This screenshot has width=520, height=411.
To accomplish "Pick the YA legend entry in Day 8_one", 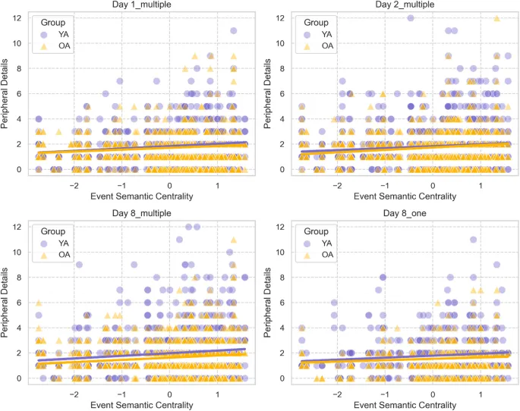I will point(324,243).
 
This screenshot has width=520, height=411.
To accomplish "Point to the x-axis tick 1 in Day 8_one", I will point(481,394).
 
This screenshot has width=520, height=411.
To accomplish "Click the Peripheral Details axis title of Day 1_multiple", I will point(7,94).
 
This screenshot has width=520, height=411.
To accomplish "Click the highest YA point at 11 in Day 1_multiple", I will point(234,31).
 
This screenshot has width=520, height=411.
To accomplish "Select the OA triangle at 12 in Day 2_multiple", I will point(496,18).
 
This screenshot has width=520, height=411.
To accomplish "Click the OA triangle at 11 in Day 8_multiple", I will point(234,240).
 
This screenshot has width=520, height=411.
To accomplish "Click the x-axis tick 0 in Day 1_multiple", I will point(169,184).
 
